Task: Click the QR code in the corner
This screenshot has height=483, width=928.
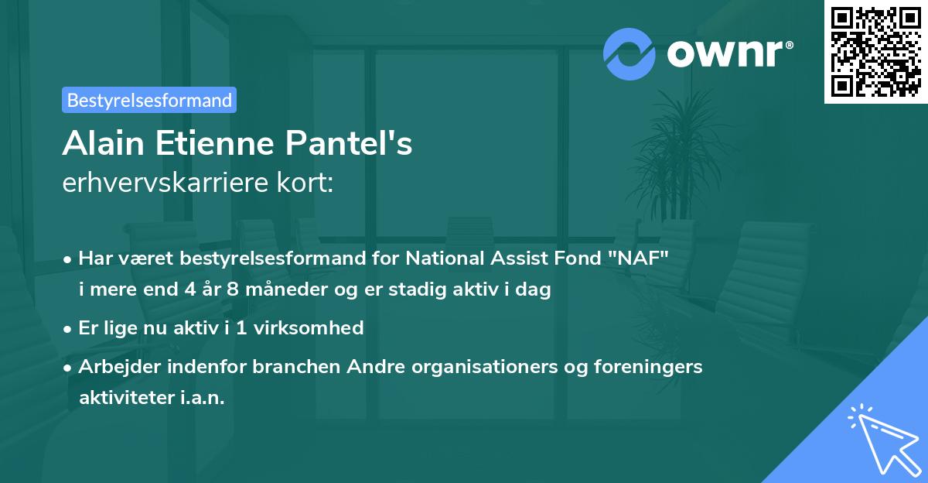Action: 875,52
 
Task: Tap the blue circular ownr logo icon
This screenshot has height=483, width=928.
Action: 629,53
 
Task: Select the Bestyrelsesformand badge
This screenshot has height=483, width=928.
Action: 149,100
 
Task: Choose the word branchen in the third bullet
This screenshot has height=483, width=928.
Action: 292,366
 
